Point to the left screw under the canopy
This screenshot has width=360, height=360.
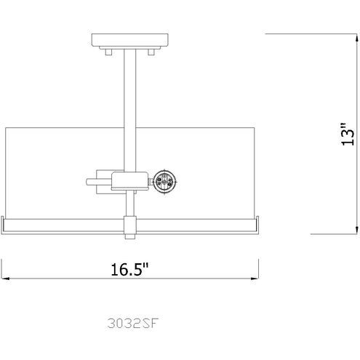pos(108,52)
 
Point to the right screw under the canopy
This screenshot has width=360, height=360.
pos(153,52)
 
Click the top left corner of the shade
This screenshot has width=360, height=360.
pos(7,129)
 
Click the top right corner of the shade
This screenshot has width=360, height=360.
pos(255,129)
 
